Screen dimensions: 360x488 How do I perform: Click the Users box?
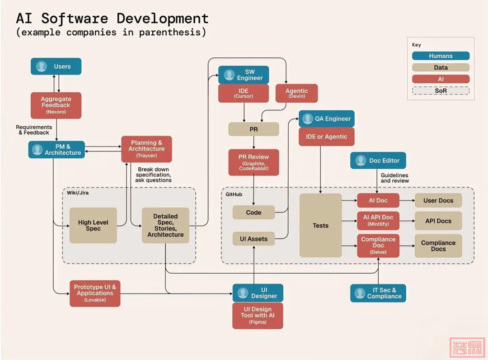pyautogui.click(x=56, y=66)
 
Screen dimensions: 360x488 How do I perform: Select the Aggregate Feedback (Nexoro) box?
pyautogui.click(x=56, y=105)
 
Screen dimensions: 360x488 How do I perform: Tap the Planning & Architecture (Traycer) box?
pyautogui.click(x=146, y=149)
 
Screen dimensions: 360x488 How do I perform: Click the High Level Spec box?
pyautogui.click(x=93, y=225)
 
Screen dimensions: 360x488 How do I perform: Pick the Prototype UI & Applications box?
pyautogui.click(x=95, y=293)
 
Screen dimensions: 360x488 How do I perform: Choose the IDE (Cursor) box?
pyautogui.click(x=244, y=93)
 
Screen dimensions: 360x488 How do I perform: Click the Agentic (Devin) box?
pyautogui.click(x=296, y=93)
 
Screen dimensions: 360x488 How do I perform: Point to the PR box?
pyautogui.click(x=253, y=129)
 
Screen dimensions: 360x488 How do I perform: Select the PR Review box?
pyautogui.click(x=253, y=162)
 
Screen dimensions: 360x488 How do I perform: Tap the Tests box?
pyautogui.click(x=320, y=225)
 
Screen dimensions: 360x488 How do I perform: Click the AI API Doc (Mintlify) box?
pyautogui.click(x=378, y=221)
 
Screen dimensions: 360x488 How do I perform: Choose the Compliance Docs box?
pyautogui.click(x=438, y=246)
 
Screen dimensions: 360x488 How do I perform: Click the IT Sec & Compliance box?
pyautogui.click(x=378, y=293)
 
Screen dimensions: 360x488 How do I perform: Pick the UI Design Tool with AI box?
pyautogui.click(x=258, y=315)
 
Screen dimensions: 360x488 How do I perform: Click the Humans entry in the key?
pyautogui.click(x=441, y=56)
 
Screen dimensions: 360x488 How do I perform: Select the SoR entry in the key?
pyautogui.click(x=441, y=90)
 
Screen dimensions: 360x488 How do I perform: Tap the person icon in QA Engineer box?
pyautogui.click(x=308, y=118)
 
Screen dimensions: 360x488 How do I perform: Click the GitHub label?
pyautogui.click(x=234, y=194)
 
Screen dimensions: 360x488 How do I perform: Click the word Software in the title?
pyautogui.click(x=75, y=19)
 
